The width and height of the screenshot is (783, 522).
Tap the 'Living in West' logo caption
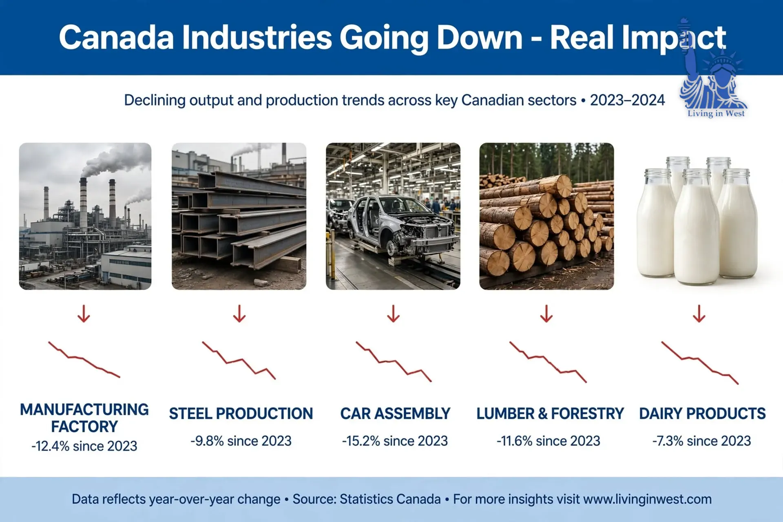pyautogui.click(x=716, y=113)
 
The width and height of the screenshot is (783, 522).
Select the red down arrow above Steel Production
pyautogui.click(x=239, y=314)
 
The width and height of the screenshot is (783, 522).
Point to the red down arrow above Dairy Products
pyautogui.click(x=699, y=314)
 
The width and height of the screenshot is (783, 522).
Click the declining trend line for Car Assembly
pyautogui.click(x=394, y=361)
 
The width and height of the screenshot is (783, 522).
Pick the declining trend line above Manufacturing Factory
pyautogui.click(x=84, y=359)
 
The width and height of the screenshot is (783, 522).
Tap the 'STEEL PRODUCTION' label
pyautogui.click(x=241, y=414)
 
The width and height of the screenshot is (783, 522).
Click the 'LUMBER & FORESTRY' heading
pyautogui.click(x=550, y=414)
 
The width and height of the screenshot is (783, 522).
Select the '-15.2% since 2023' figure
pyautogui.click(x=395, y=441)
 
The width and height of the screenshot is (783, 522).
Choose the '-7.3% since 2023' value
pyautogui.click(x=701, y=441)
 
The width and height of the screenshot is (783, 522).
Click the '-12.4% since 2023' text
pyautogui.click(x=84, y=446)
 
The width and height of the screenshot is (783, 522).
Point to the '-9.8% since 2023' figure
pyautogui.click(x=241, y=441)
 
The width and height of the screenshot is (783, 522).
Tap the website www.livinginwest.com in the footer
pyautogui.click(x=648, y=499)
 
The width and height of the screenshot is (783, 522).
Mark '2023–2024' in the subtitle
pyautogui.click(x=627, y=100)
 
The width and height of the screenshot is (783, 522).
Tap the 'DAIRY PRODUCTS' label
pyautogui.click(x=702, y=414)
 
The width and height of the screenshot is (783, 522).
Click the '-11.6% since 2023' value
pyautogui.click(x=549, y=441)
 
